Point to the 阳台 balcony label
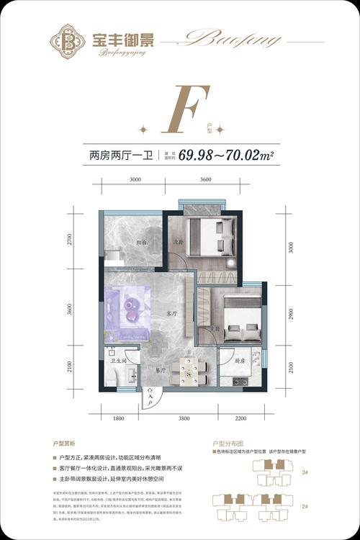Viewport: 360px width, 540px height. (x=143, y=243)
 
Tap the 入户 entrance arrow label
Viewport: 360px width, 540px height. (x=149, y=397)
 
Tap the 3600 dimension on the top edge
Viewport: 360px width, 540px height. (x=206, y=179)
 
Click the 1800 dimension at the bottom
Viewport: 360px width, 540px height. (x=118, y=418)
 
